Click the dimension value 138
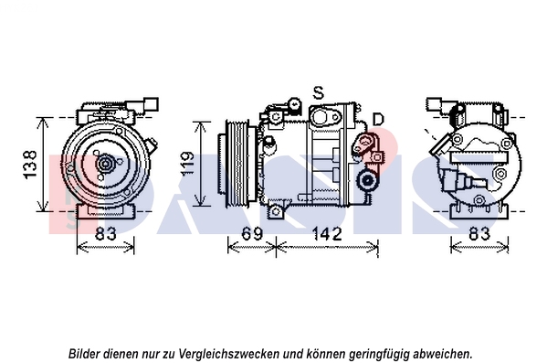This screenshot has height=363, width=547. point(30,165)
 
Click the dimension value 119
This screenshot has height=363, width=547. point(187,164)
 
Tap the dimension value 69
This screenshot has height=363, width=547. point(252,233)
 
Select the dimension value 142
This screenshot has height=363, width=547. point(327,233)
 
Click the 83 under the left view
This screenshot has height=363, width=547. point(106,233)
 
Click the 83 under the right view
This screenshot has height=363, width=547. point(479,233)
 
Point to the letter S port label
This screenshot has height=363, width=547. point(318,93)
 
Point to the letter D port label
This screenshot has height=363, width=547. point(378,120)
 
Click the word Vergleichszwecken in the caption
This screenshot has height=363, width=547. point(229,354)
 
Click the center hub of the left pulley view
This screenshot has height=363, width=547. point(105,165)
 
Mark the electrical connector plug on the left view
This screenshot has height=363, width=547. point(143,105)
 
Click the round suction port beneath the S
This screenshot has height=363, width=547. point(320,117)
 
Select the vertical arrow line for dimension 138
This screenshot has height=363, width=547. point(43,165)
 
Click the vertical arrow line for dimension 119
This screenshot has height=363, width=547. point(201,164)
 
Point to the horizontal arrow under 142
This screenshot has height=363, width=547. point(327,248)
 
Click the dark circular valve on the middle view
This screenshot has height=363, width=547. point(367,180)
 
